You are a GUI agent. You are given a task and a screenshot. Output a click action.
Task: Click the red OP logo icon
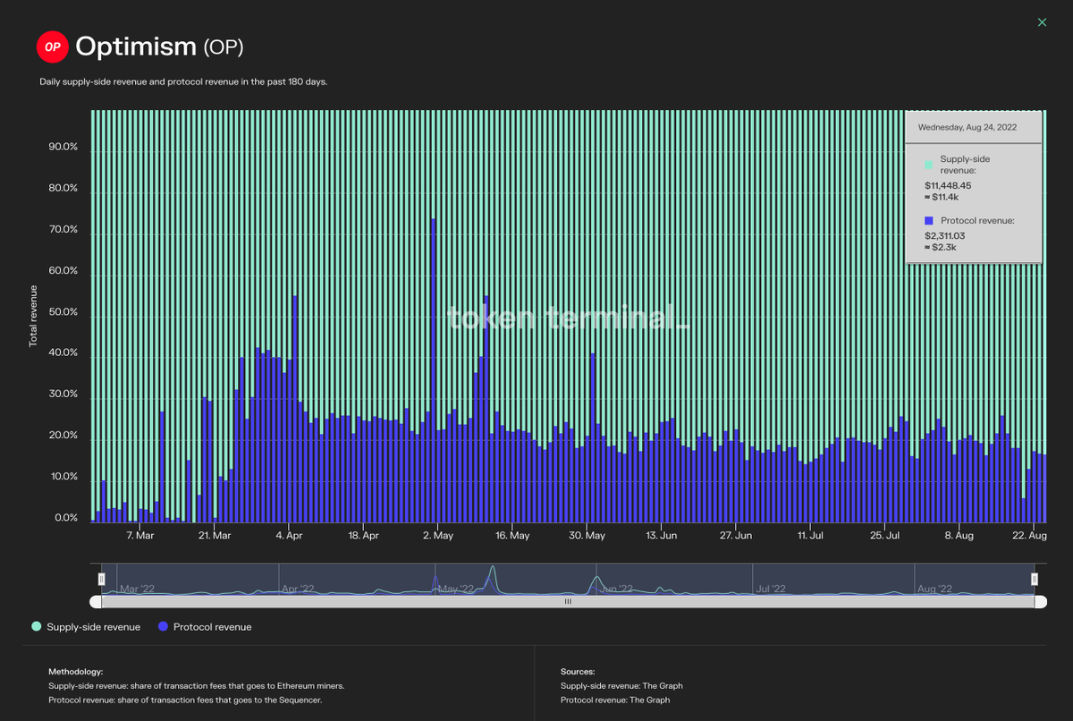(51, 47)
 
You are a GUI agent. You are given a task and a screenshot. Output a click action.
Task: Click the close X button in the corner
(1042, 22)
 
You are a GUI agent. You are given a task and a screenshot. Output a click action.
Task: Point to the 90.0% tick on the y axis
(63, 148)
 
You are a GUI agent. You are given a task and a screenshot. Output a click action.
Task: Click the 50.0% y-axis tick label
(63, 313)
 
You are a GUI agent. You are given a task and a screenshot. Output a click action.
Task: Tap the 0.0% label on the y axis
(66, 519)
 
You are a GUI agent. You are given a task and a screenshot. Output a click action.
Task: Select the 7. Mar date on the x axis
(140, 536)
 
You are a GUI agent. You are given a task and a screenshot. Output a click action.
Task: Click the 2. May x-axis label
(437, 536)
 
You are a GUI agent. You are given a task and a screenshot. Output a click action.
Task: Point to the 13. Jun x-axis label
(661, 536)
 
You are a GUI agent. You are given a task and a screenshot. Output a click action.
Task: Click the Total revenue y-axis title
(34, 315)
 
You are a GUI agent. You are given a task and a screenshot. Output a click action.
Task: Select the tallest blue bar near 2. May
(434, 358)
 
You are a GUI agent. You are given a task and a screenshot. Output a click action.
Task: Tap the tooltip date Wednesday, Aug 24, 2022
(973, 127)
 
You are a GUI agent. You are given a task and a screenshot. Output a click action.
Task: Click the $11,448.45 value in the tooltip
(948, 185)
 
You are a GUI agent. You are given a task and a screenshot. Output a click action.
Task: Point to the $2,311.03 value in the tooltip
(946, 236)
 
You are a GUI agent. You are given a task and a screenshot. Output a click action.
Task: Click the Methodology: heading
(76, 671)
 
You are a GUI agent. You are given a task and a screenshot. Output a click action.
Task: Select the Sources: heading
(578, 671)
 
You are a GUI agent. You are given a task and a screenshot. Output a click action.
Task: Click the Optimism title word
(137, 46)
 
